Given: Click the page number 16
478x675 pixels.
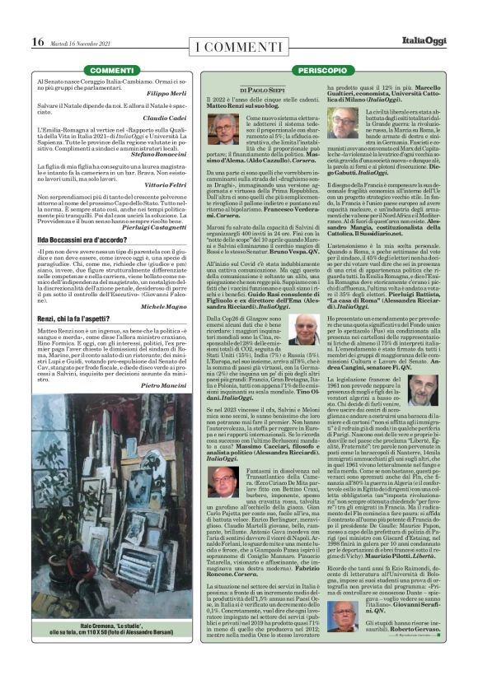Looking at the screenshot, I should coord(38,42).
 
